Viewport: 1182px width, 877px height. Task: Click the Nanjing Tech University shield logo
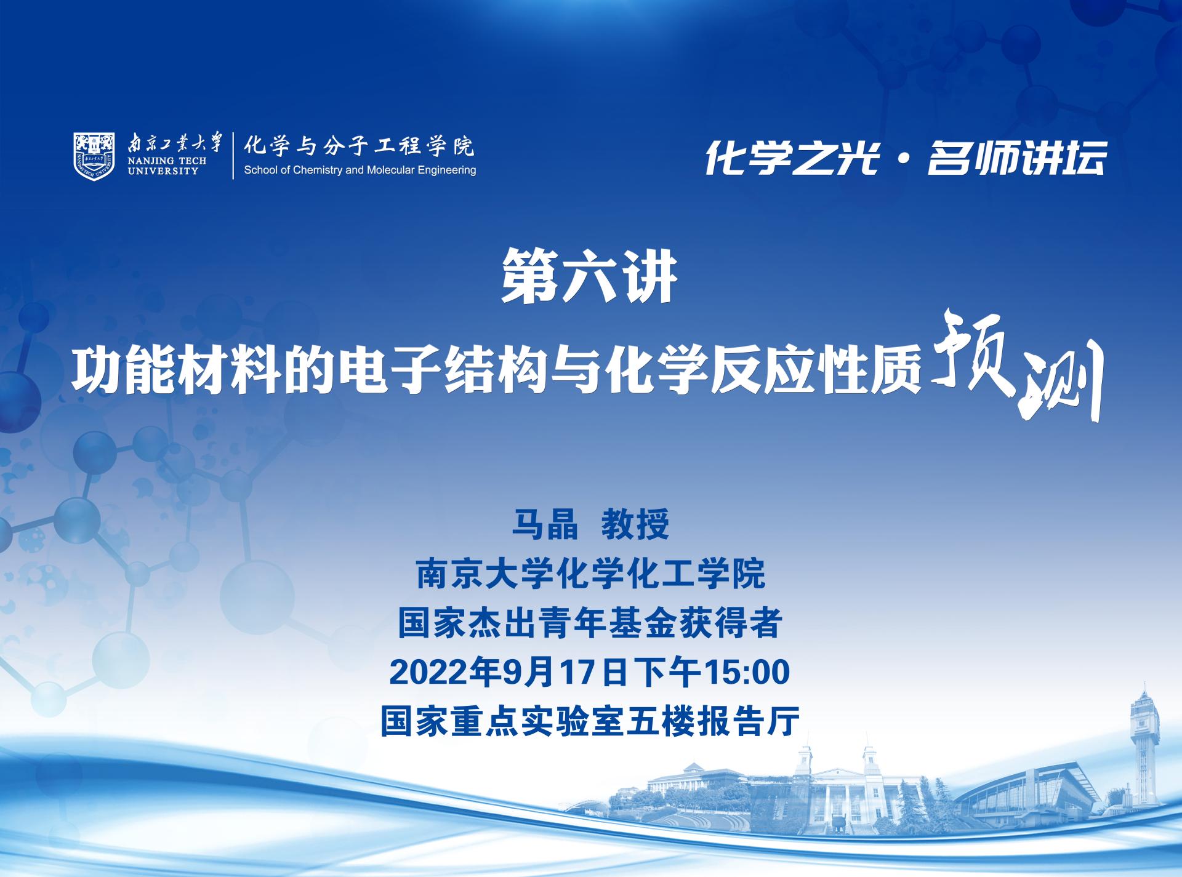(x=94, y=156)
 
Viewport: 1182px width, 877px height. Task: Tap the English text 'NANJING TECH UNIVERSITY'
(x=167, y=166)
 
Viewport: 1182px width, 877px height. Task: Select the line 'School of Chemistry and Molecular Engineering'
(x=360, y=170)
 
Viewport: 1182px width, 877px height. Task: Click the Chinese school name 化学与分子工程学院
(x=359, y=146)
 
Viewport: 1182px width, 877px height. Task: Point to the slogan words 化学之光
(x=791, y=158)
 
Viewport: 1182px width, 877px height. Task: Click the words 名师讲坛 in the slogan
(x=1017, y=158)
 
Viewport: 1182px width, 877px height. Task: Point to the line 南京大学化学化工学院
(x=591, y=574)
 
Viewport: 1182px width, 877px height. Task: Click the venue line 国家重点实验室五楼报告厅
(x=590, y=721)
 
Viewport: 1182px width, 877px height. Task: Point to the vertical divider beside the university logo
(x=233, y=156)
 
